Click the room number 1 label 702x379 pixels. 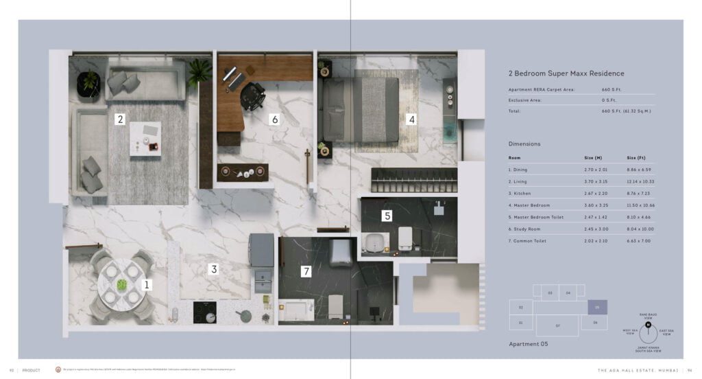coord(146,284)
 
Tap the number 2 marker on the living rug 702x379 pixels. coord(121,119)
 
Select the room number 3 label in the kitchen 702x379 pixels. coord(214,269)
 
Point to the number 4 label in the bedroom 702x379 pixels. coord(411,119)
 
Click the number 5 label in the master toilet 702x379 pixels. coord(387,216)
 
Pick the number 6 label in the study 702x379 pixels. coord(275,119)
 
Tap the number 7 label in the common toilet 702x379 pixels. coord(306,271)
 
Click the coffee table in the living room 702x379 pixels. coord(145,137)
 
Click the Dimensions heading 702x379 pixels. coord(524,144)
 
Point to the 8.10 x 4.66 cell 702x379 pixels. coord(640,217)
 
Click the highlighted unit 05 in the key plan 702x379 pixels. coord(596,308)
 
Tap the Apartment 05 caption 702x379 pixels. coord(531,343)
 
